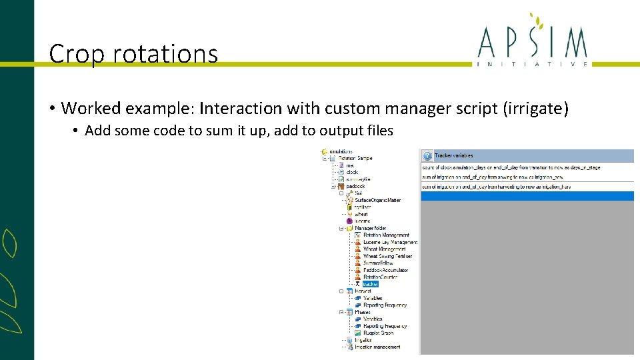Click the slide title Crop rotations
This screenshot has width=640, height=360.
click(133, 53)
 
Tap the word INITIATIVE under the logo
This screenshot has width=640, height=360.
click(533, 64)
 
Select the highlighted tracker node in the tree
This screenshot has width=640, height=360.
click(370, 284)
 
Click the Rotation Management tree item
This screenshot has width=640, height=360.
click(386, 235)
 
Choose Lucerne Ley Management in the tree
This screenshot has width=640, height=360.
click(390, 242)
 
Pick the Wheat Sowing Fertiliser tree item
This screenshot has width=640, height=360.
click(387, 256)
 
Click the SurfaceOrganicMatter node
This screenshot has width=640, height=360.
click(377, 200)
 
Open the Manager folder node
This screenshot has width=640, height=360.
click(370, 228)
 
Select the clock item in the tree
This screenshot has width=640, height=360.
click(352, 172)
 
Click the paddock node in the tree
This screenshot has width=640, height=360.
click(355, 186)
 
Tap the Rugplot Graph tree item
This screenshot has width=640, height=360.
click(378, 333)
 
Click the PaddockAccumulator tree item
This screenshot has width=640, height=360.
click(385, 270)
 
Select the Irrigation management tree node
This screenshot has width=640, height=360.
click(377, 347)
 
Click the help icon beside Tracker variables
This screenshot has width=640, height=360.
click(427, 155)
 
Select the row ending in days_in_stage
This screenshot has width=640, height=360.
click(511, 167)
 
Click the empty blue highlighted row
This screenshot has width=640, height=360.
click(527, 196)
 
